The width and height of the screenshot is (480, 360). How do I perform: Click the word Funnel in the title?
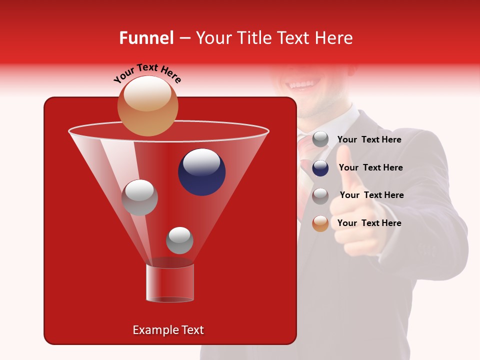(x=146, y=38)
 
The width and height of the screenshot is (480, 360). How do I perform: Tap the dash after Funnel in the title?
(x=184, y=38)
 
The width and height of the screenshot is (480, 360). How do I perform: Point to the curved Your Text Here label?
(x=147, y=73)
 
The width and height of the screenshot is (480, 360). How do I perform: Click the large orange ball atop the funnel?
(x=147, y=105)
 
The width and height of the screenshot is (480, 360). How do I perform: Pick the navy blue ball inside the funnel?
(x=201, y=172)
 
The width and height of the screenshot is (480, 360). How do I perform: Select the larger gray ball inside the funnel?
(x=139, y=197)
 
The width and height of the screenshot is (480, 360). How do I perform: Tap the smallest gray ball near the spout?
(x=179, y=240)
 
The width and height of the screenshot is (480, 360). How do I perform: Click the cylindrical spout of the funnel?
(x=170, y=282)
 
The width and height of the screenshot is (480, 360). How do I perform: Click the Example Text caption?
(x=168, y=330)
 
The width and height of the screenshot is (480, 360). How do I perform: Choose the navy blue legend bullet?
(x=320, y=168)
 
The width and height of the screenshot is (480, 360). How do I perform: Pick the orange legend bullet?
(x=320, y=223)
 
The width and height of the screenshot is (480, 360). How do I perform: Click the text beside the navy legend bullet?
(x=370, y=167)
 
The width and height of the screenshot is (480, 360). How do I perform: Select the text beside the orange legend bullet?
(x=369, y=223)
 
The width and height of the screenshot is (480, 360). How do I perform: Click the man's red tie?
(x=304, y=150)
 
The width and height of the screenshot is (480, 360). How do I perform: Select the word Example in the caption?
(x=151, y=330)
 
